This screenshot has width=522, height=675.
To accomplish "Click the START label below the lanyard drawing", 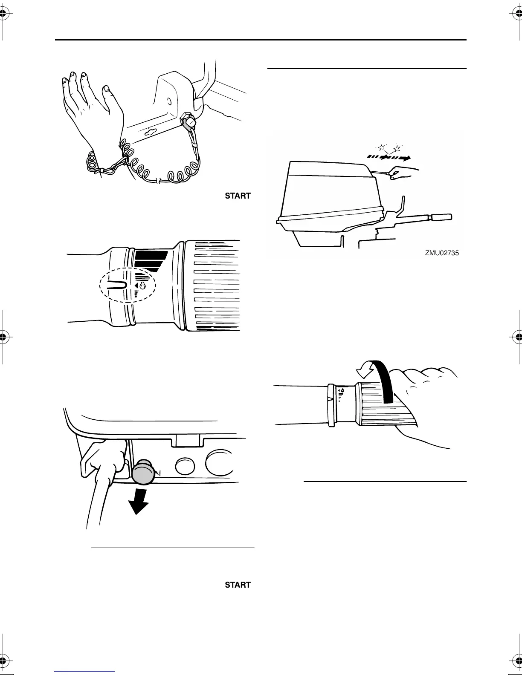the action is pos(238,196).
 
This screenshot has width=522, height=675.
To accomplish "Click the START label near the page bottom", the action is pos(238,585).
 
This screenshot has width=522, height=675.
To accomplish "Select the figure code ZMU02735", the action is pos(441,253).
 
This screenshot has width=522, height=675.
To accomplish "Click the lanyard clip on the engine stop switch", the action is pos(188,121).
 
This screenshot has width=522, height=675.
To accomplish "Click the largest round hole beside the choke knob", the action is pos(219,464).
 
